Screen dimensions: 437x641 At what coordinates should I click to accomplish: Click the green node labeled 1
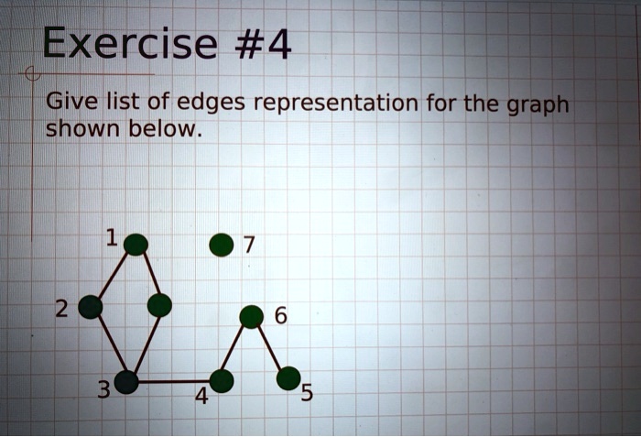(136, 244)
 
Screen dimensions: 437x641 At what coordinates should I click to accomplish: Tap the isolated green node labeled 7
(221, 245)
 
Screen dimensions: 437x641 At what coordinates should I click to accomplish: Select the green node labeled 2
(90, 307)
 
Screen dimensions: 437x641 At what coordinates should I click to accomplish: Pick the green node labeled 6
(251, 317)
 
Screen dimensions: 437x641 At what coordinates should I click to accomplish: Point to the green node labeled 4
(222, 380)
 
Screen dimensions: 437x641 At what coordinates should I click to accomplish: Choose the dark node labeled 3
(126, 382)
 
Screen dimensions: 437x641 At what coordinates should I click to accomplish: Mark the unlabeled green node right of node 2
(159, 305)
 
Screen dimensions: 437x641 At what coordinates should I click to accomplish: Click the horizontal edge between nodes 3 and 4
(174, 381)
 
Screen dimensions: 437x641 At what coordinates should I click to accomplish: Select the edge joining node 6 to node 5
(270, 347)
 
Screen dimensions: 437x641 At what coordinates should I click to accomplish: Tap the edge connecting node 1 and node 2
(113, 276)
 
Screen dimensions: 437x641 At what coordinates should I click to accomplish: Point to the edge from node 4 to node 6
(236, 349)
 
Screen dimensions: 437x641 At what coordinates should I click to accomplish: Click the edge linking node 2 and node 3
(108, 344)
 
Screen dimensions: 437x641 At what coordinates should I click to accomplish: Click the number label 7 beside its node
(250, 246)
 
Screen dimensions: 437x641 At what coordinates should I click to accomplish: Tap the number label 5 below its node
(307, 395)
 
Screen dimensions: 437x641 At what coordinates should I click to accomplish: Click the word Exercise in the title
(128, 43)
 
